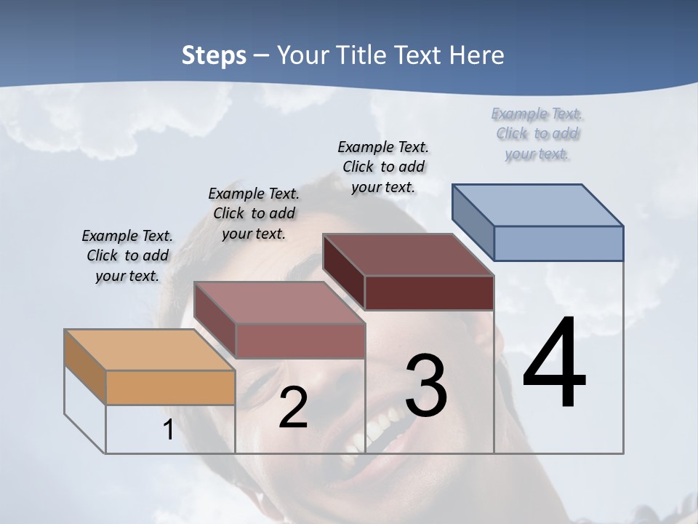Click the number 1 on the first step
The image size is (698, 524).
coord(168,430)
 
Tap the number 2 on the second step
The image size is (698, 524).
coord(293,408)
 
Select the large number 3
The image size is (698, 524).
coord(426,386)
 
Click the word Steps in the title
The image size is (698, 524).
coord(214,55)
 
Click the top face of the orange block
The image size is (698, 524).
coord(149,350)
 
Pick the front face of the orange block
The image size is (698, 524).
coord(170,387)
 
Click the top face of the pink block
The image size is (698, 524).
coord(279,302)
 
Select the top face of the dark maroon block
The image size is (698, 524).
coord(408,255)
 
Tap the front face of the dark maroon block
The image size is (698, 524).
coord(429,293)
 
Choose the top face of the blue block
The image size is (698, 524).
coord(537,205)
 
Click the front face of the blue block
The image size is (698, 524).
coord(558,243)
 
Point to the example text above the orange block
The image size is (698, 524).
coord(127,255)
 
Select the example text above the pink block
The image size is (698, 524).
coord(254,213)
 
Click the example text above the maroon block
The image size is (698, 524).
coord(383,167)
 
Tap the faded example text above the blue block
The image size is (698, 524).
coord(537,133)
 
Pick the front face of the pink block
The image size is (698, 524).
coord(300,341)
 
